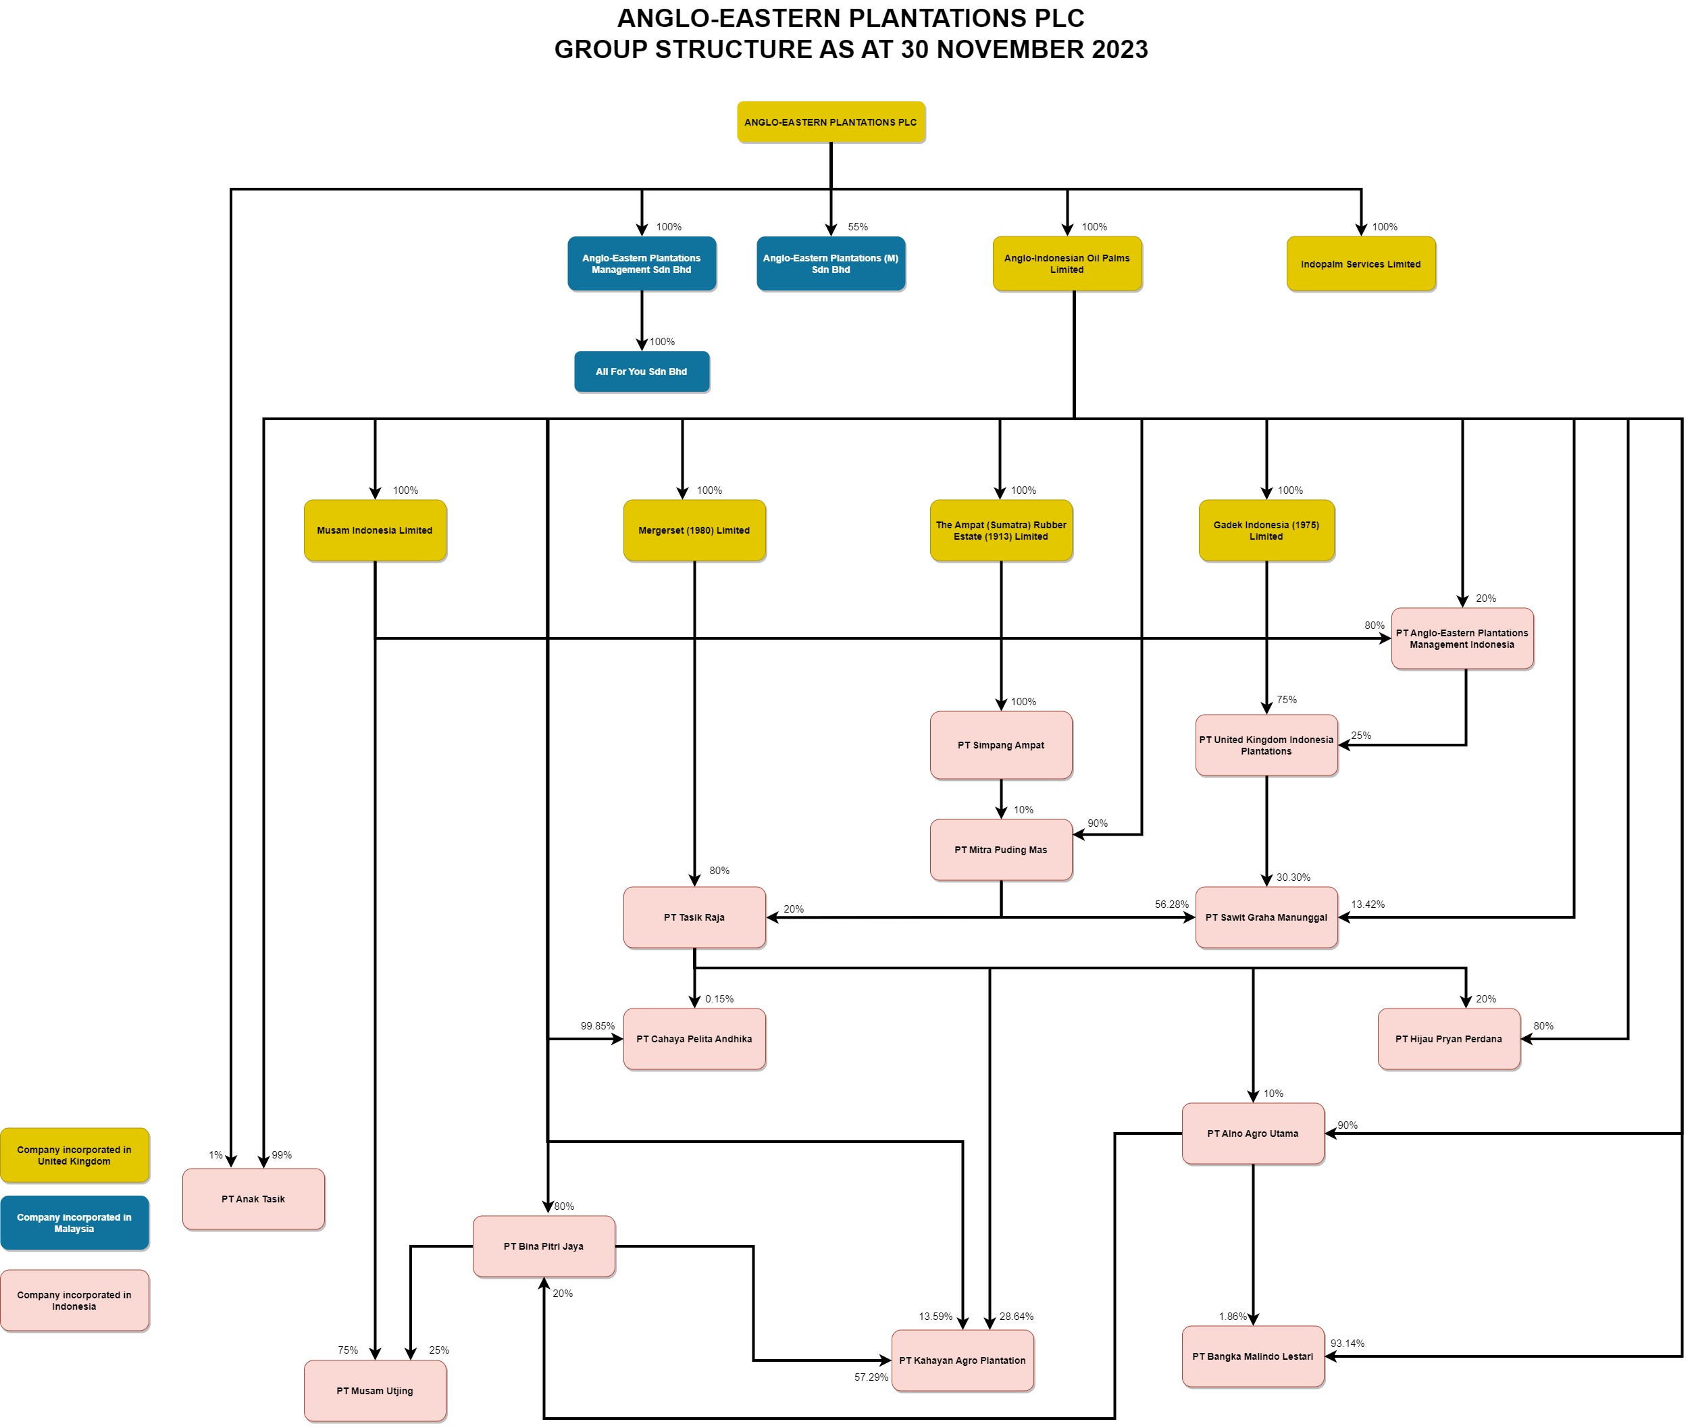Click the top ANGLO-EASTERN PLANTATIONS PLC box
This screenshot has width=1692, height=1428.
click(x=831, y=122)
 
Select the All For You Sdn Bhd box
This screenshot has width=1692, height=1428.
click(x=641, y=372)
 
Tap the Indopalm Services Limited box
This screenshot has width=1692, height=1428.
click(x=1360, y=264)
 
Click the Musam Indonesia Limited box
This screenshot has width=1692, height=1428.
click(x=375, y=530)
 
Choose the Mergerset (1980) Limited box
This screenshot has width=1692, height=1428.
click(x=694, y=530)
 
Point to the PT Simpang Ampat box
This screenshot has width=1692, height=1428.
click(x=1000, y=745)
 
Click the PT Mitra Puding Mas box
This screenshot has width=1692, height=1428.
click(x=1000, y=850)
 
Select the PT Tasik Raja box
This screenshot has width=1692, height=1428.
click(x=694, y=917)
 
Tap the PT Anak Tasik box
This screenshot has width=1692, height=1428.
click(x=253, y=1199)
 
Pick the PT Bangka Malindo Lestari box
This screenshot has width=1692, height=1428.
click(x=1252, y=1356)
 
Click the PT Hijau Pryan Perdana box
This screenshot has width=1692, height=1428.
click(x=1448, y=1039)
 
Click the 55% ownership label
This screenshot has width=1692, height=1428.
click(x=857, y=227)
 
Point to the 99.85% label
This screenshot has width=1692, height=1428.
click(x=598, y=1025)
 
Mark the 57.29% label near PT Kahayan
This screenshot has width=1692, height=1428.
click(x=871, y=1377)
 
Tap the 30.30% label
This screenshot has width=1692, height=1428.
click(x=1293, y=877)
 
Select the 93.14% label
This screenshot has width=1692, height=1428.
click(x=1347, y=1343)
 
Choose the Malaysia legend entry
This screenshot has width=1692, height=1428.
click(x=74, y=1223)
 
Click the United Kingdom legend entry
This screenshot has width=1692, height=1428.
click(x=74, y=1155)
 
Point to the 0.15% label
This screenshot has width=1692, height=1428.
click(x=719, y=999)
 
